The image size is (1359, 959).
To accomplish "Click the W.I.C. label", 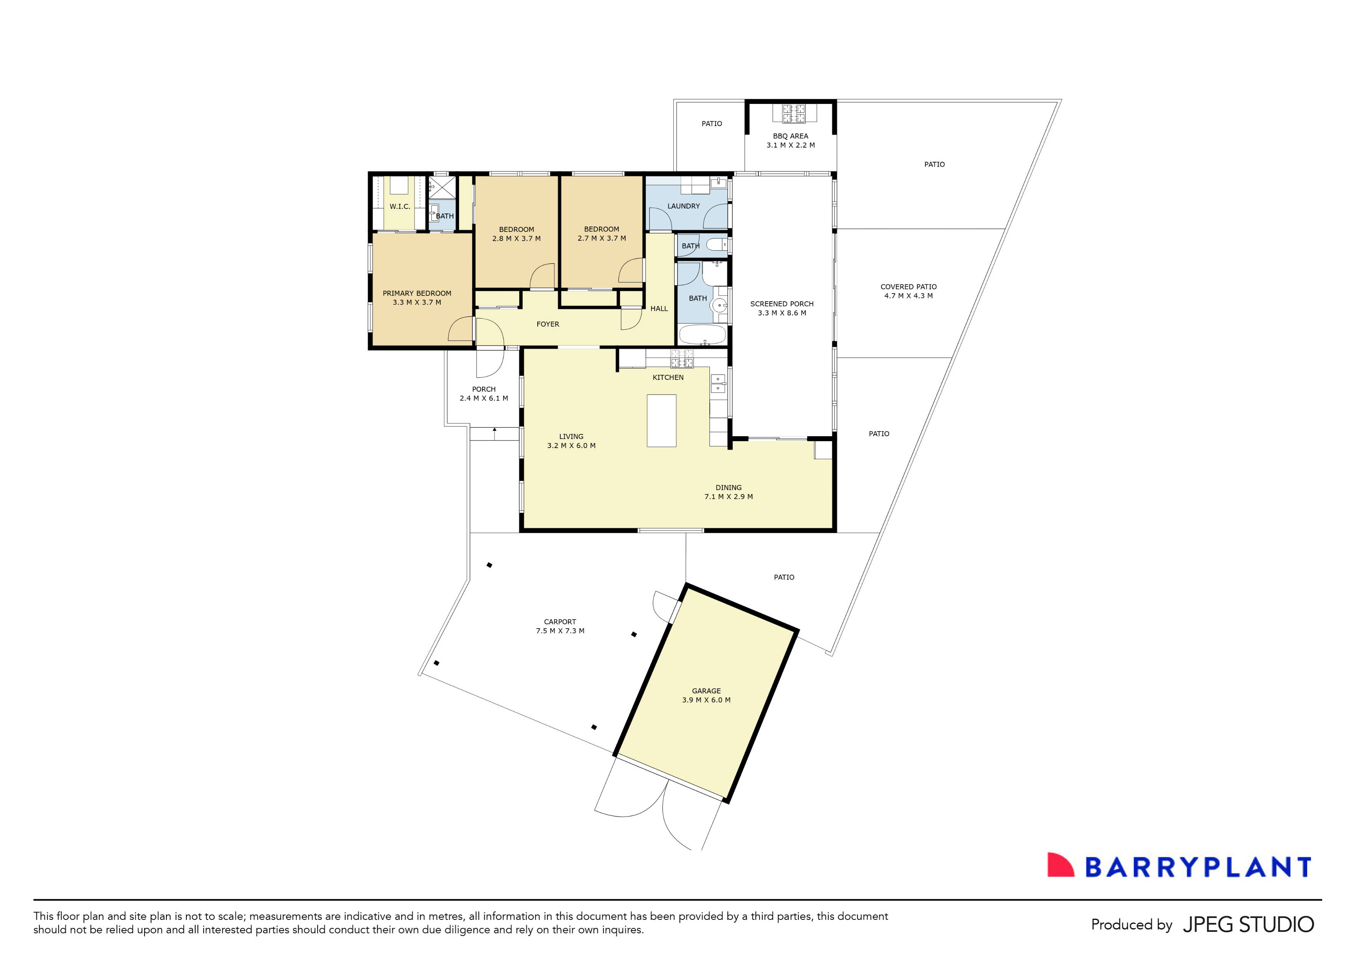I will (x=400, y=207).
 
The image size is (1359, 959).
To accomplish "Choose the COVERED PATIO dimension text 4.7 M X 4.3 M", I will (x=908, y=296).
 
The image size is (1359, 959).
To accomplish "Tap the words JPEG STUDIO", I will (x=1248, y=925).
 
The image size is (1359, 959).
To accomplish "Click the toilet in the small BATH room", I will (x=716, y=244).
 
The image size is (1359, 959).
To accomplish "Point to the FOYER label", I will (x=548, y=324).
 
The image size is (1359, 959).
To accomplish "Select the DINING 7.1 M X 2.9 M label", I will (x=728, y=492).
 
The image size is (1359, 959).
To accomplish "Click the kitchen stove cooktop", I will (x=681, y=358).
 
